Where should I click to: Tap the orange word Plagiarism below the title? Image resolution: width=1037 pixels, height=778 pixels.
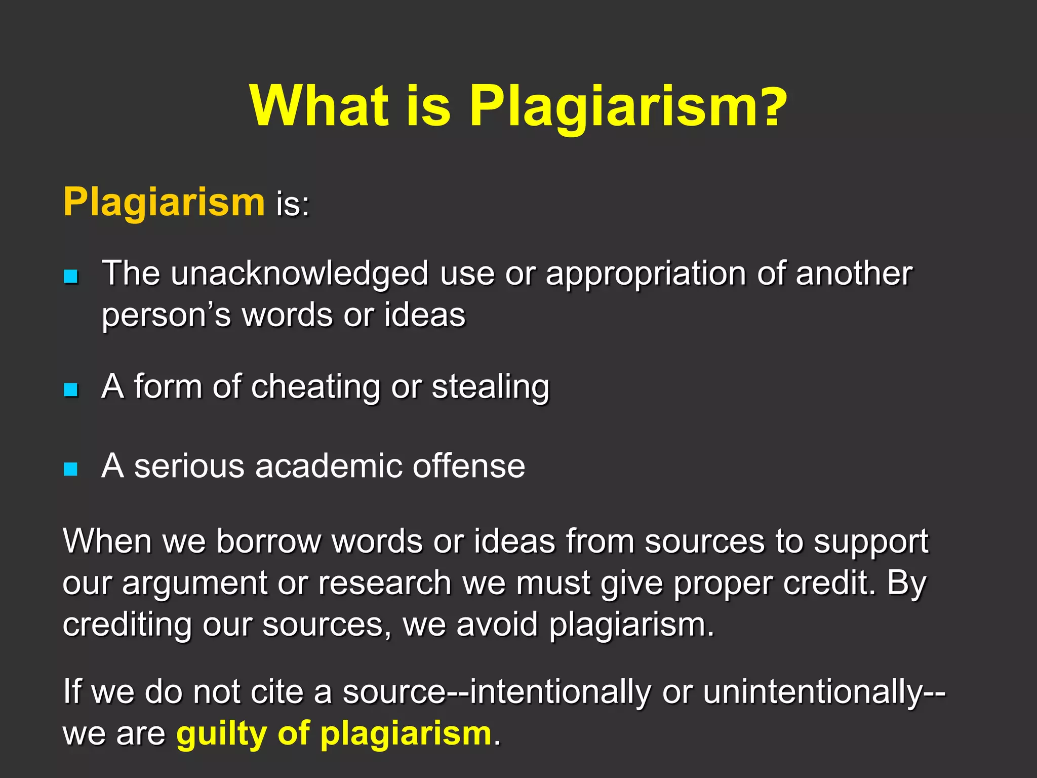pos(164,202)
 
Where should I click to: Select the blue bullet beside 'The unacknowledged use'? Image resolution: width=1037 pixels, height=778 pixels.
pos(71,276)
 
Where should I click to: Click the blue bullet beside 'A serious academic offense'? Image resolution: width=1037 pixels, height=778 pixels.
pos(71,469)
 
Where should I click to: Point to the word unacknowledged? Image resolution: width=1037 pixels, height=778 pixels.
pos(299,275)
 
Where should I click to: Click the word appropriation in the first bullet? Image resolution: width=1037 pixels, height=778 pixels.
pos(645,275)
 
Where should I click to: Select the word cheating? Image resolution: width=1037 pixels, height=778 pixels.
pos(315,388)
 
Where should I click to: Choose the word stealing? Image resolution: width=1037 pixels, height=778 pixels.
pos(490,388)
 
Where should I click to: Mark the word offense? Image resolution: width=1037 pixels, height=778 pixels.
pos(468,466)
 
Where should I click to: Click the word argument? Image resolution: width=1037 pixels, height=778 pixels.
pos(194,583)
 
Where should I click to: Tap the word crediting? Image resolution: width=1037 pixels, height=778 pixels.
pos(127,625)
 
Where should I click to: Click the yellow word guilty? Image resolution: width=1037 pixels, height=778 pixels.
pos(221,733)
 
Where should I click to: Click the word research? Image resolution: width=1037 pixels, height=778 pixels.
pos(384,583)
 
